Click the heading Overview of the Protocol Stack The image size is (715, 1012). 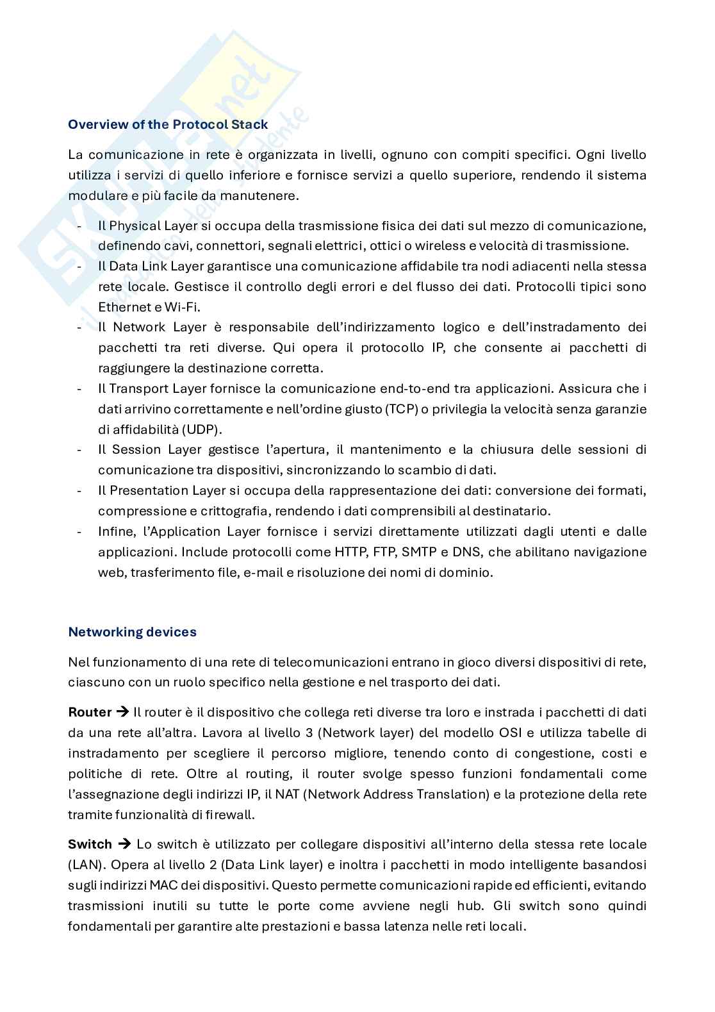point(168,124)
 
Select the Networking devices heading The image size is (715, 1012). point(132,632)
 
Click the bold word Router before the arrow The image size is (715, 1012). point(90,712)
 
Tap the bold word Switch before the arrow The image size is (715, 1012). point(90,844)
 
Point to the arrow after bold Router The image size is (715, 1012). point(122,712)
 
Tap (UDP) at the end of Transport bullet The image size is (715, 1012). point(204,429)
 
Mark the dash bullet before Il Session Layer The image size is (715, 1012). point(79,450)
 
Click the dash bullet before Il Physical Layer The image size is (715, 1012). point(79,226)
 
